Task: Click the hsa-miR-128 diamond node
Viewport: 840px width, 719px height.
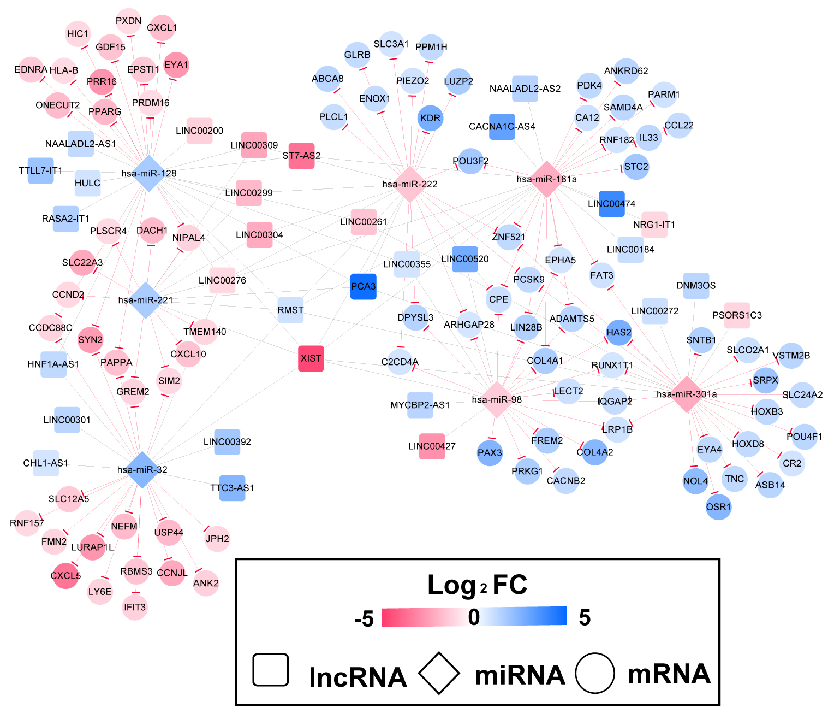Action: [x=149, y=174]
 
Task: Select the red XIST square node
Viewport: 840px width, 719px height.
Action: [x=311, y=358]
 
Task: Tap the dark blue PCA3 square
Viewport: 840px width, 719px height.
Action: [x=364, y=286]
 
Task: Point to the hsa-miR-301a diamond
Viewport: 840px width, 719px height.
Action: [x=687, y=394]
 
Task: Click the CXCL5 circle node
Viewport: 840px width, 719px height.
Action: [x=65, y=575]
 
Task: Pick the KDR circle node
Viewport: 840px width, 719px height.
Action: [x=430, y=118]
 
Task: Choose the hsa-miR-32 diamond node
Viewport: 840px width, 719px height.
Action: [x=142, y=469]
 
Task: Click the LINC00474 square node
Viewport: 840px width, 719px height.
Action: [x=611, y=204]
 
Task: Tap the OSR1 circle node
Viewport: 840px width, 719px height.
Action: [x=718, y=507]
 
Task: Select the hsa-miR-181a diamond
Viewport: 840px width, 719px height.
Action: [x=546, y=179]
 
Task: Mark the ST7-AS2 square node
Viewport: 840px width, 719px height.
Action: [x=301, y=156]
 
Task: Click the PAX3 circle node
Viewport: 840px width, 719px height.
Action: [x=490, y=452]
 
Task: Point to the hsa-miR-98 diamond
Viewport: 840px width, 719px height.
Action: [x=497, y=399]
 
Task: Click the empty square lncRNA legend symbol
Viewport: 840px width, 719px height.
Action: [x=271, y=670]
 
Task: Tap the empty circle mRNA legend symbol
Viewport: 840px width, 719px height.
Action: [x=594, y=673]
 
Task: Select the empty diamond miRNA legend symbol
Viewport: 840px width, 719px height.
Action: [x=439, y=673]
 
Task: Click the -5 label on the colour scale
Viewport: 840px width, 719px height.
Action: [x=364, y=619]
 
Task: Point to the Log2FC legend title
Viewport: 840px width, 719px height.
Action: [x=477, y=585]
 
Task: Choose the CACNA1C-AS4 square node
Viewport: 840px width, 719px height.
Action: [x=502, y=127]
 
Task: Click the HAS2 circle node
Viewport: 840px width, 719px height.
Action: [x=619, y=332]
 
